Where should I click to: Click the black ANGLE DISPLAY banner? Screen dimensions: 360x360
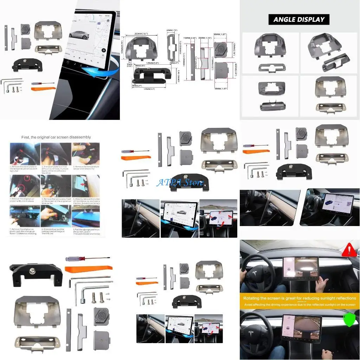pos(299,19)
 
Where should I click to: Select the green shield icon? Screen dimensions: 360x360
pos(349,320)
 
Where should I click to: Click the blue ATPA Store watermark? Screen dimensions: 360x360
pos(180,182)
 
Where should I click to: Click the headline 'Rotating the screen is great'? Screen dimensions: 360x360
pos(300,298)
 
